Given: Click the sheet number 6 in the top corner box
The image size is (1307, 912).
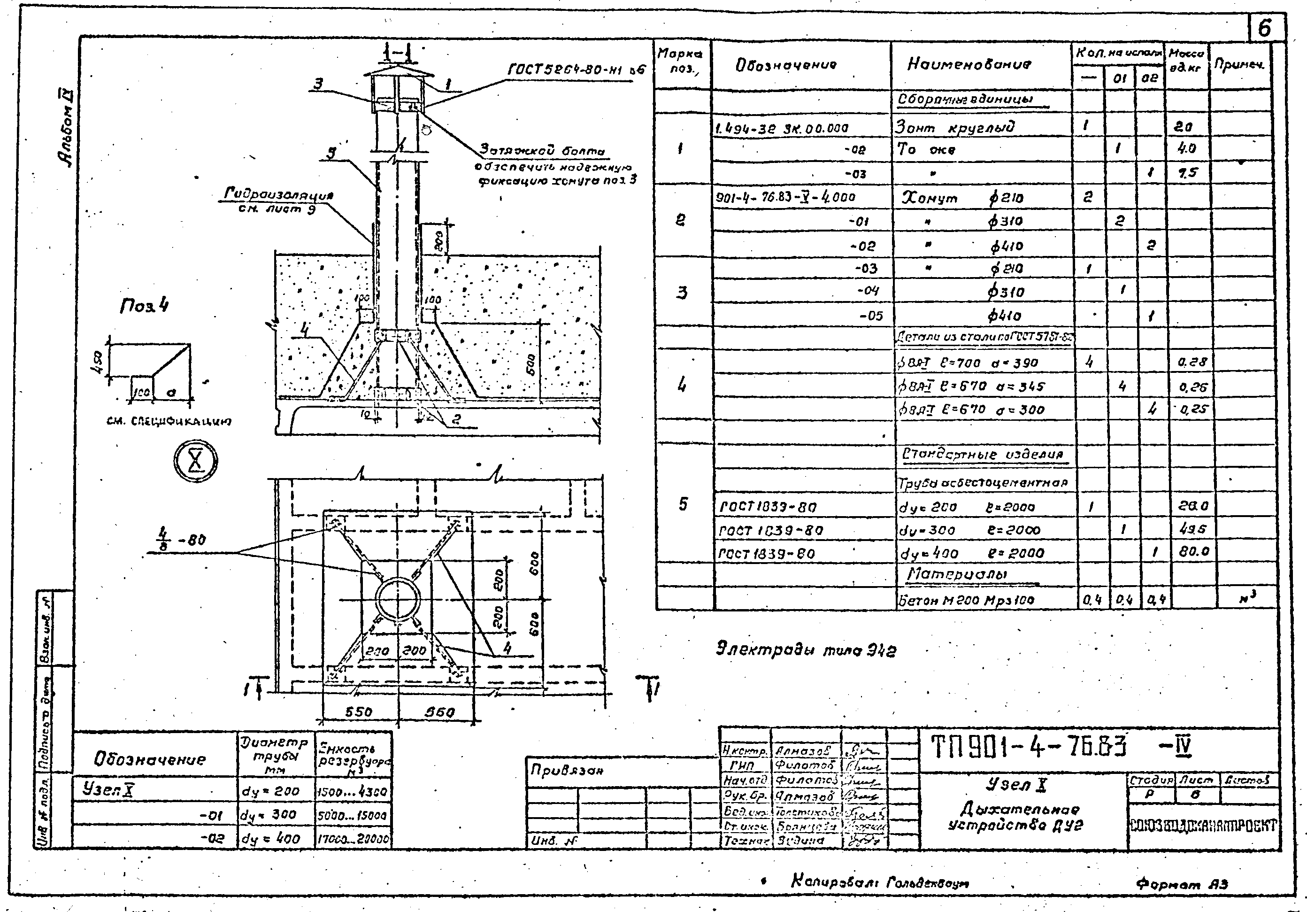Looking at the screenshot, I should point(1264,28).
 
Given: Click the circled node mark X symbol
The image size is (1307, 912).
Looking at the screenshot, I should point(195,461).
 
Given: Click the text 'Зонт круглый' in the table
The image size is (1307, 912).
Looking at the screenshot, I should point(954,126).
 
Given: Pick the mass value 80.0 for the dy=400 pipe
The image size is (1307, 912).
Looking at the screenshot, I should point(1193,551).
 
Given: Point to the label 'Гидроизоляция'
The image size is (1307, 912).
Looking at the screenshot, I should point(278,195).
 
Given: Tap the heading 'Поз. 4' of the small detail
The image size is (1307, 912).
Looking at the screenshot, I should point(144,306).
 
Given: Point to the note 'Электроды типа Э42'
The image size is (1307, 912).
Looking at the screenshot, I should point(806,649).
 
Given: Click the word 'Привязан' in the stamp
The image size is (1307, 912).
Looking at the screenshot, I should point(566,770).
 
